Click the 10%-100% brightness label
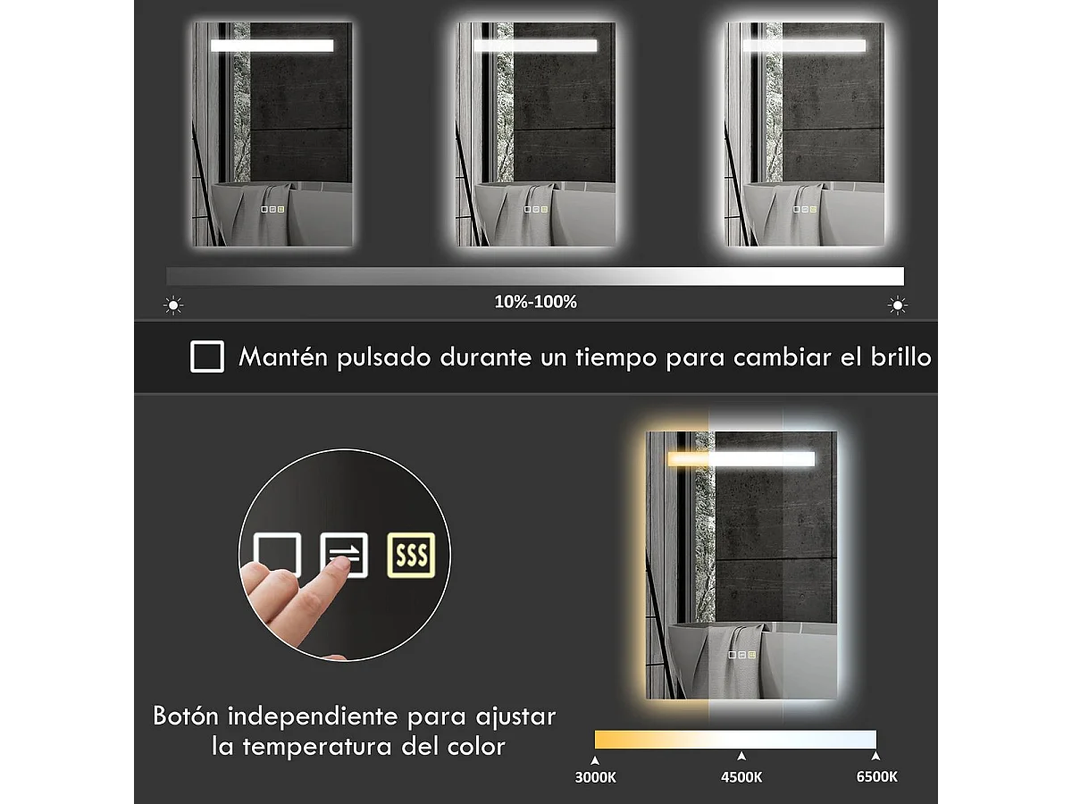pos(536,302)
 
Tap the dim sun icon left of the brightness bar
pos(173,306)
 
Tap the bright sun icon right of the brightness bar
pos(898,306)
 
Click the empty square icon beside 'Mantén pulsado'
pos(207,356)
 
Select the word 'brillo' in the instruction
pos(901,356)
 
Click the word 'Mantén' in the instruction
pos(283,356)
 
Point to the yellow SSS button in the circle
pos(411,555)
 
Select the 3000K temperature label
pos(595,777)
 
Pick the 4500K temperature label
pos(741,777)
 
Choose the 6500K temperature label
pos(876,776)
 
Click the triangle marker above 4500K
pos(741,756)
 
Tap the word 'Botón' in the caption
pos(186,716)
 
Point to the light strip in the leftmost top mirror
pos(272,46)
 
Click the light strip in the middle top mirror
pos(536,46)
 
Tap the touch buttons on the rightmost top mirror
pos(805,209)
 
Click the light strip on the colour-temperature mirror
pos(741,459)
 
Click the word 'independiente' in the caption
pos(313,716)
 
